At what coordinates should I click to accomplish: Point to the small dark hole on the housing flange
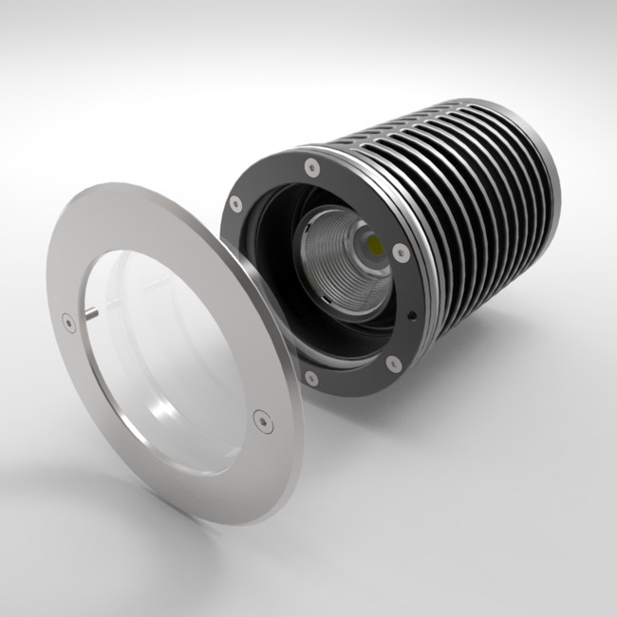tap(409, 314)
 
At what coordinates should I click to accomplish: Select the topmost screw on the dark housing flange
tap(310, 167)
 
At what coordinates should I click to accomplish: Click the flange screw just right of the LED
tap(401, 252)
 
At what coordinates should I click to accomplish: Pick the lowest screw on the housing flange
tap(310, 378)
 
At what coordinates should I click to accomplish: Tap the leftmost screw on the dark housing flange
tap(235, 202)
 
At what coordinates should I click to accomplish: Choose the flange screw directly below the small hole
tap(392, 362)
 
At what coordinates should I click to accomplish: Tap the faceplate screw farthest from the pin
tap(260, 417)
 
